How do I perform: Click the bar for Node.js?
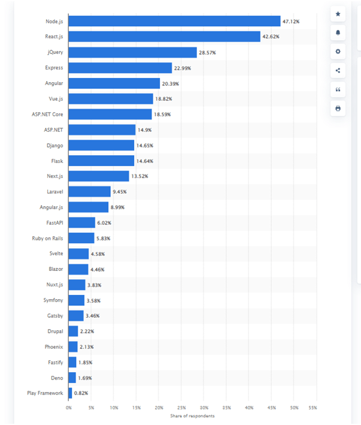pos(174,22)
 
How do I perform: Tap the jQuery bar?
pos(132,53)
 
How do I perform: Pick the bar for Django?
pos(101,145)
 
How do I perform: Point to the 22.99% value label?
pos(183,68)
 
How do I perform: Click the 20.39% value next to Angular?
pos(171,83)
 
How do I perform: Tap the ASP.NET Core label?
pos(48,114)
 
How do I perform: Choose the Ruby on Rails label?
pos(47,238)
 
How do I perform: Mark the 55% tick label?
pos(312,408)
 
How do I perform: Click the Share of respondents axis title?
pos(192,416)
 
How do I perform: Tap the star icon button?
pos(338,14)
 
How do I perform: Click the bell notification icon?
pos(338,32)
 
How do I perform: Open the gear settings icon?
pos(338,52)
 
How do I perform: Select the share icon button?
pos(338,70)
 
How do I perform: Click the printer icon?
pos(338,108)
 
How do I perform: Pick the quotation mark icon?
pos(338,89)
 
